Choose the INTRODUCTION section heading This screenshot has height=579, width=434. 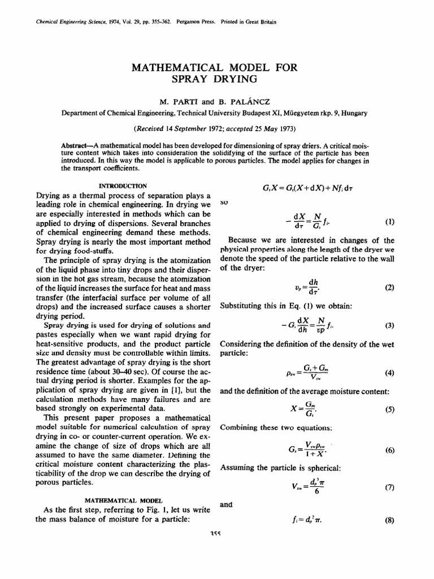(123, 185)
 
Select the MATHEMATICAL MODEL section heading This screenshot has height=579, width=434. (123, 500)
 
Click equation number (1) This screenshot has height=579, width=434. (389, 222)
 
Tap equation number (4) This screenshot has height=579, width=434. (389, 373)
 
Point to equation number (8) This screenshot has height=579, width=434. (389, 521)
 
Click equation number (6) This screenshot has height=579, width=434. (389, 450)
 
